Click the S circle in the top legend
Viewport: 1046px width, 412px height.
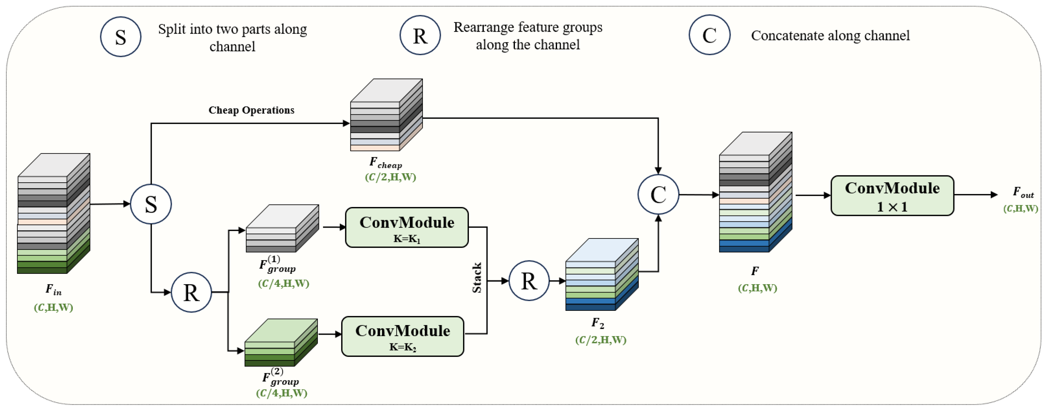tap(121, 37)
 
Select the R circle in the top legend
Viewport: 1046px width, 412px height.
tap(420, 35)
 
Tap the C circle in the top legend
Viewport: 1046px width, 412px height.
tap(709, 35)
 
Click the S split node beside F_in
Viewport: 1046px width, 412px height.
tap(151, 204)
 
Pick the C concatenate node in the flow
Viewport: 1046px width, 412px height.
tap(658, 195)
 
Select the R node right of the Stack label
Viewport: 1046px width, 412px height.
tap(529, 281)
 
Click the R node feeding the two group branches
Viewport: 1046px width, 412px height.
tap(191, 292)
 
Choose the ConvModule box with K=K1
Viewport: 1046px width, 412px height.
tap(406, 227)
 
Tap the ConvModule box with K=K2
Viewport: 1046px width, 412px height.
tap(402, 336)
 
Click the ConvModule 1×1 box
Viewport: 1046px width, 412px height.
tap(892, 195)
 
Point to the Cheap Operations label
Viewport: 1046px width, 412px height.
tap(251, 110)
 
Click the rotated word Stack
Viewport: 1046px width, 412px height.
tap(477, 278)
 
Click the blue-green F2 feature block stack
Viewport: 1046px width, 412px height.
tap(601, 275)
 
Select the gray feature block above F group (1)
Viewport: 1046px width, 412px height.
tap(282, 228)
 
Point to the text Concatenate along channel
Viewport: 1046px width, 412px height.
tap(830, 36)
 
